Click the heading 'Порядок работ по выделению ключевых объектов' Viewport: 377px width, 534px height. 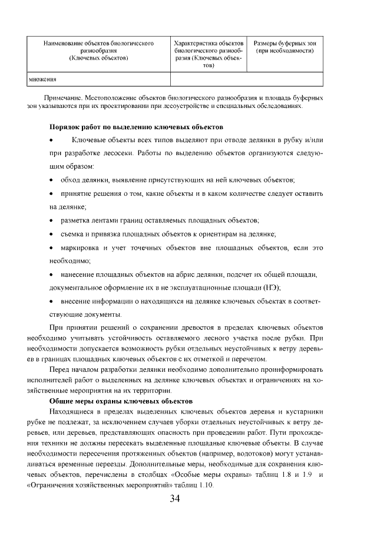pyautogui.click(x=136, y=127)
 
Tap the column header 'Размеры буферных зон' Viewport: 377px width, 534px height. pyautogui.click(x=285, y=44)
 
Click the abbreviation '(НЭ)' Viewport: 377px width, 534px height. pyautogui.click(x=272, y=287)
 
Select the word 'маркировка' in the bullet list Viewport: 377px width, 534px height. pyautogui.click(x=81, y=248)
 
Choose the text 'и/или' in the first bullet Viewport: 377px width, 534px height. pyautogui.click(x=313, y=139)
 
